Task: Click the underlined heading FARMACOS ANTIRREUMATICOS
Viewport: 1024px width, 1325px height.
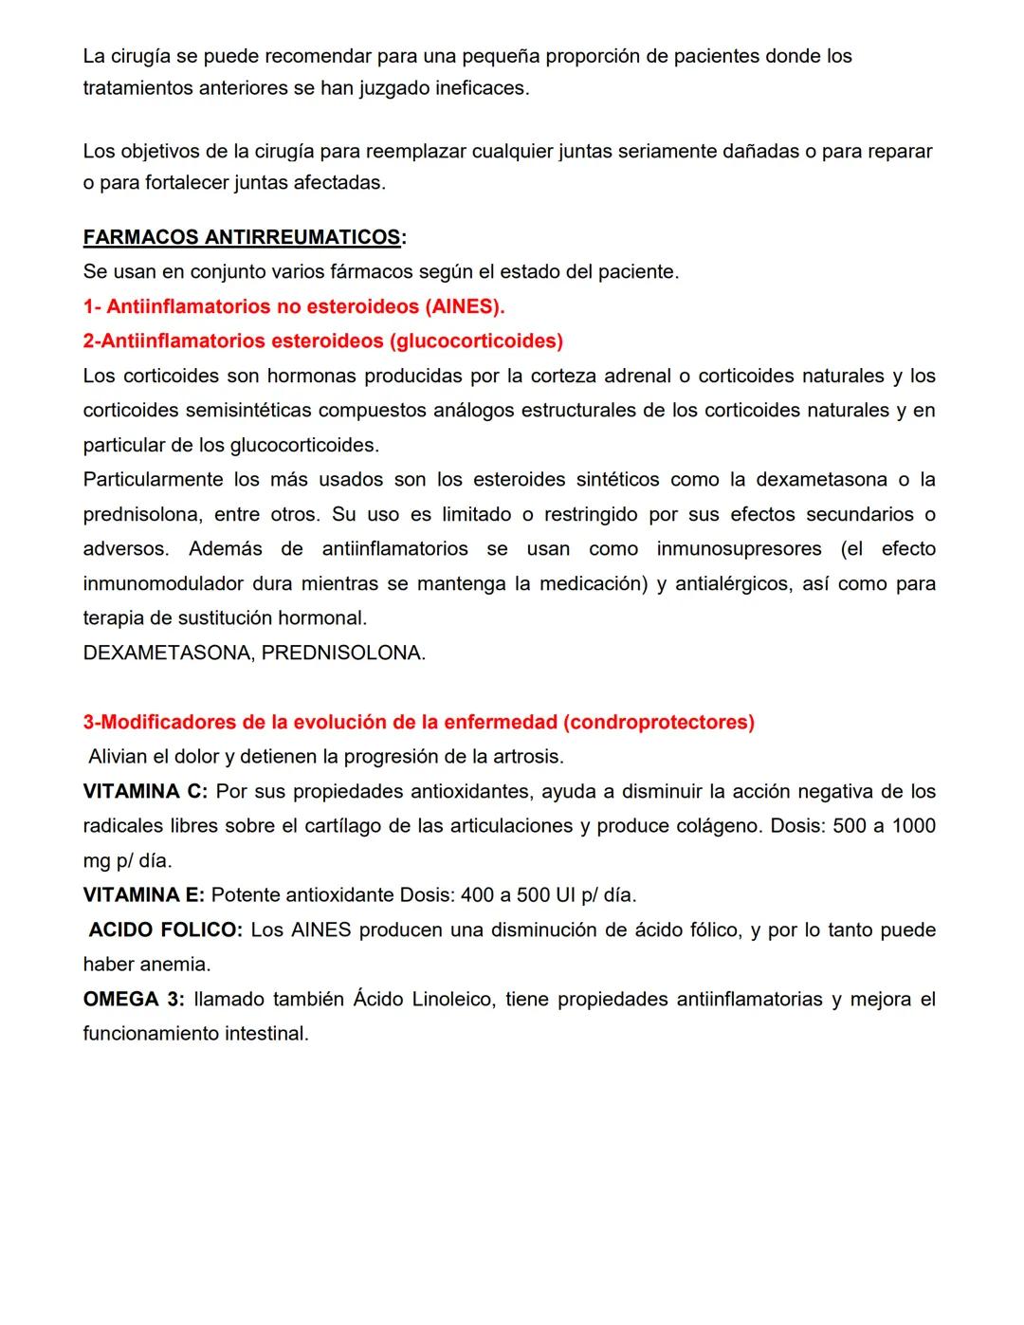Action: (242, 237)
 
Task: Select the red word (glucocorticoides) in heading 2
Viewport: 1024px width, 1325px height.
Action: (476, 340)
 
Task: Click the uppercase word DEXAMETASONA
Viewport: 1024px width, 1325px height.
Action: (167, 653)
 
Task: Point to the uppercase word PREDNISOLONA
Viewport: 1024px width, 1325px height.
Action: (343, 653)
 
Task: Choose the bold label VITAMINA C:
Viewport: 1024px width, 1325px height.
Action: (145, 791)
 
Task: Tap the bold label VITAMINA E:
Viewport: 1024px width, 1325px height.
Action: (143, 894)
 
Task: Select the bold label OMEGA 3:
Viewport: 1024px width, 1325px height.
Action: (134, 999)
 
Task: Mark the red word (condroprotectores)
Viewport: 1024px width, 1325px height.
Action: (659, 722)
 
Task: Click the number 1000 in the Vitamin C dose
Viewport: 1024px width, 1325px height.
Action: (913, 825)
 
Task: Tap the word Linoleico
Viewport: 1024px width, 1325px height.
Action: (453, 999)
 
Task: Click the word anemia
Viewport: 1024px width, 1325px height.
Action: (175, 964)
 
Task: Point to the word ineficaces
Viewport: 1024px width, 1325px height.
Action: (483, 88)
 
